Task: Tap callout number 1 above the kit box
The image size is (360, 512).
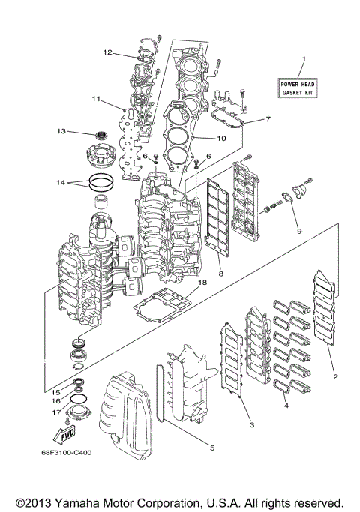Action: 304,59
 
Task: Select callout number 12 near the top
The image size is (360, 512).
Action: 107,52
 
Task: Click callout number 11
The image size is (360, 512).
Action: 97,99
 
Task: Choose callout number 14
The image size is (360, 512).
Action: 60,182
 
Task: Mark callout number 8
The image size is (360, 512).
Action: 221,274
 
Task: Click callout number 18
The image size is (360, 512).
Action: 202,283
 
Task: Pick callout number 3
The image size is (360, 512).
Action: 251,425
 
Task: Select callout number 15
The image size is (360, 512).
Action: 55,391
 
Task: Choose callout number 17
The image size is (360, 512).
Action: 55,412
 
